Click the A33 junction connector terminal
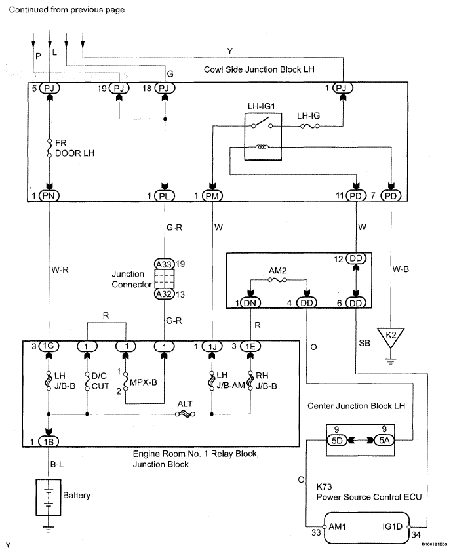point(164,264)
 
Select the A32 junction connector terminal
point(164,294)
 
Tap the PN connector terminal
point(50,195)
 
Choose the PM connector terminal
point(212,195)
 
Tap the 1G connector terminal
point(50,345)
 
